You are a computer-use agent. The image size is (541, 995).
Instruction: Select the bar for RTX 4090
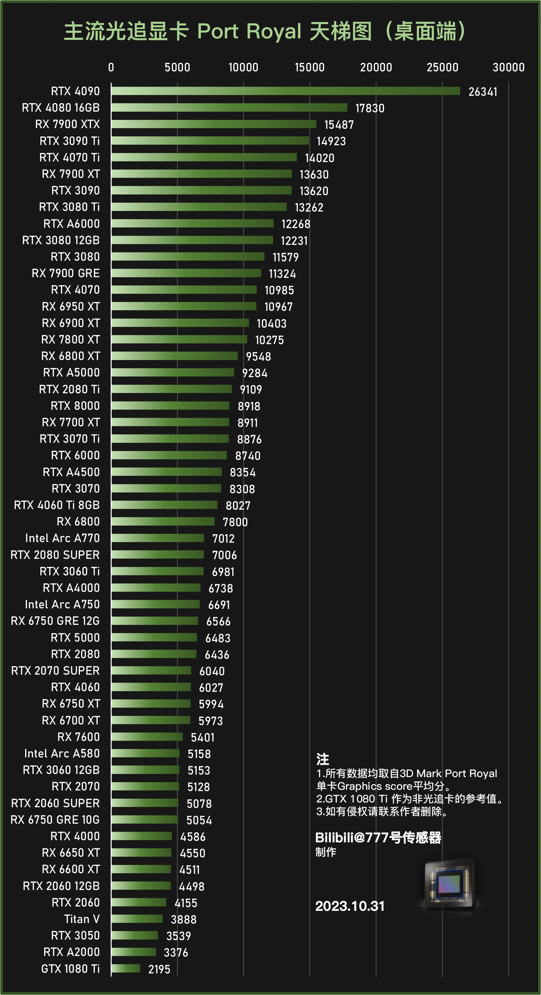(x=286, y=91)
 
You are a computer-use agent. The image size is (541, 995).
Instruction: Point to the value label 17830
(x=369, y=108)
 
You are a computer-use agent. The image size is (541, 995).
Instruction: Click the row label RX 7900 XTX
(x=68, y=124)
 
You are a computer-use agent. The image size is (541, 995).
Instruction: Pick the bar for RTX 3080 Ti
(x=199, y=207)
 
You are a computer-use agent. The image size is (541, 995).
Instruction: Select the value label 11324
(x=282, y=274)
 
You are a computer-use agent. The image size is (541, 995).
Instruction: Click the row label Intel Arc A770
(x=62, y=538)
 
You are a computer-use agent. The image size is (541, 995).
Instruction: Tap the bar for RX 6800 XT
(x=174, y=356)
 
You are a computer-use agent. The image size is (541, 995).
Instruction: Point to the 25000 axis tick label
(x=442, y=67)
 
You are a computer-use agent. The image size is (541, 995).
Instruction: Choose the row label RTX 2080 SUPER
(x=55, y=555)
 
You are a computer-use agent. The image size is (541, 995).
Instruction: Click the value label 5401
(x=202, y=737)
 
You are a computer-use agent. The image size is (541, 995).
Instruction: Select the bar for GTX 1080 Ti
(x=126, y=968)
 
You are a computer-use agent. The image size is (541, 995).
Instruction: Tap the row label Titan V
(x=82, y=919)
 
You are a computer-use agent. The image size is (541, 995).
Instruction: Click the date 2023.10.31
(x=349, y=906)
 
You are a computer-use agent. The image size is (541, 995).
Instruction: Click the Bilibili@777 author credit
(x=378, y=837)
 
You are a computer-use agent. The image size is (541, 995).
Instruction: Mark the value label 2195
(x=159, y=969)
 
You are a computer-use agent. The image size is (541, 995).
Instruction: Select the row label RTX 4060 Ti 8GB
(x=57, y=505)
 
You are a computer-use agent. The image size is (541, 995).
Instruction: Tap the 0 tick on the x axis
(x=111, y=67)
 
